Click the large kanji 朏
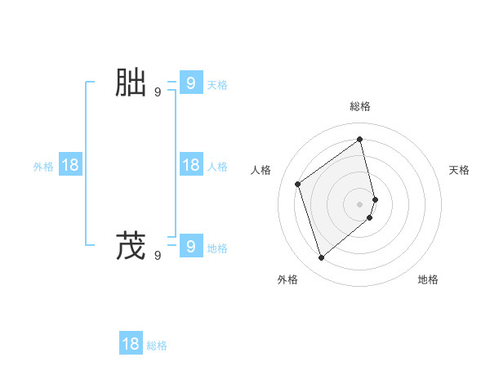pos(131,83)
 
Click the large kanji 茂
pos(131,246)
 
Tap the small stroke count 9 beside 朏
pos(158,92)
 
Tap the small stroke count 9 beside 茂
pos(158,256)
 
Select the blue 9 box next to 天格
pos(190,83)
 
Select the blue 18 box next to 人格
pos(190,165)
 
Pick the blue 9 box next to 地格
pos(190,245)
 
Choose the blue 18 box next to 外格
pos(70,165)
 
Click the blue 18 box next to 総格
pos(131,344)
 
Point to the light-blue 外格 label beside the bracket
pos(43,167)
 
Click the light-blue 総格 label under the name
pos(157,346)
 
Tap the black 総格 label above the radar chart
pos(360,106)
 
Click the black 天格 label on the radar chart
pos(460,170)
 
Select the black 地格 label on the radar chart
pos(428,279)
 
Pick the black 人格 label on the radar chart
pos(261,170)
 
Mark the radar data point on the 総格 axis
pos(360,139)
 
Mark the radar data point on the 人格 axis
pos(298,184)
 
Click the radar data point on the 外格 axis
pos(322,258)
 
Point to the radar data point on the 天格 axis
pos(375,199)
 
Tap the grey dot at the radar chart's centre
pos(360,203)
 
